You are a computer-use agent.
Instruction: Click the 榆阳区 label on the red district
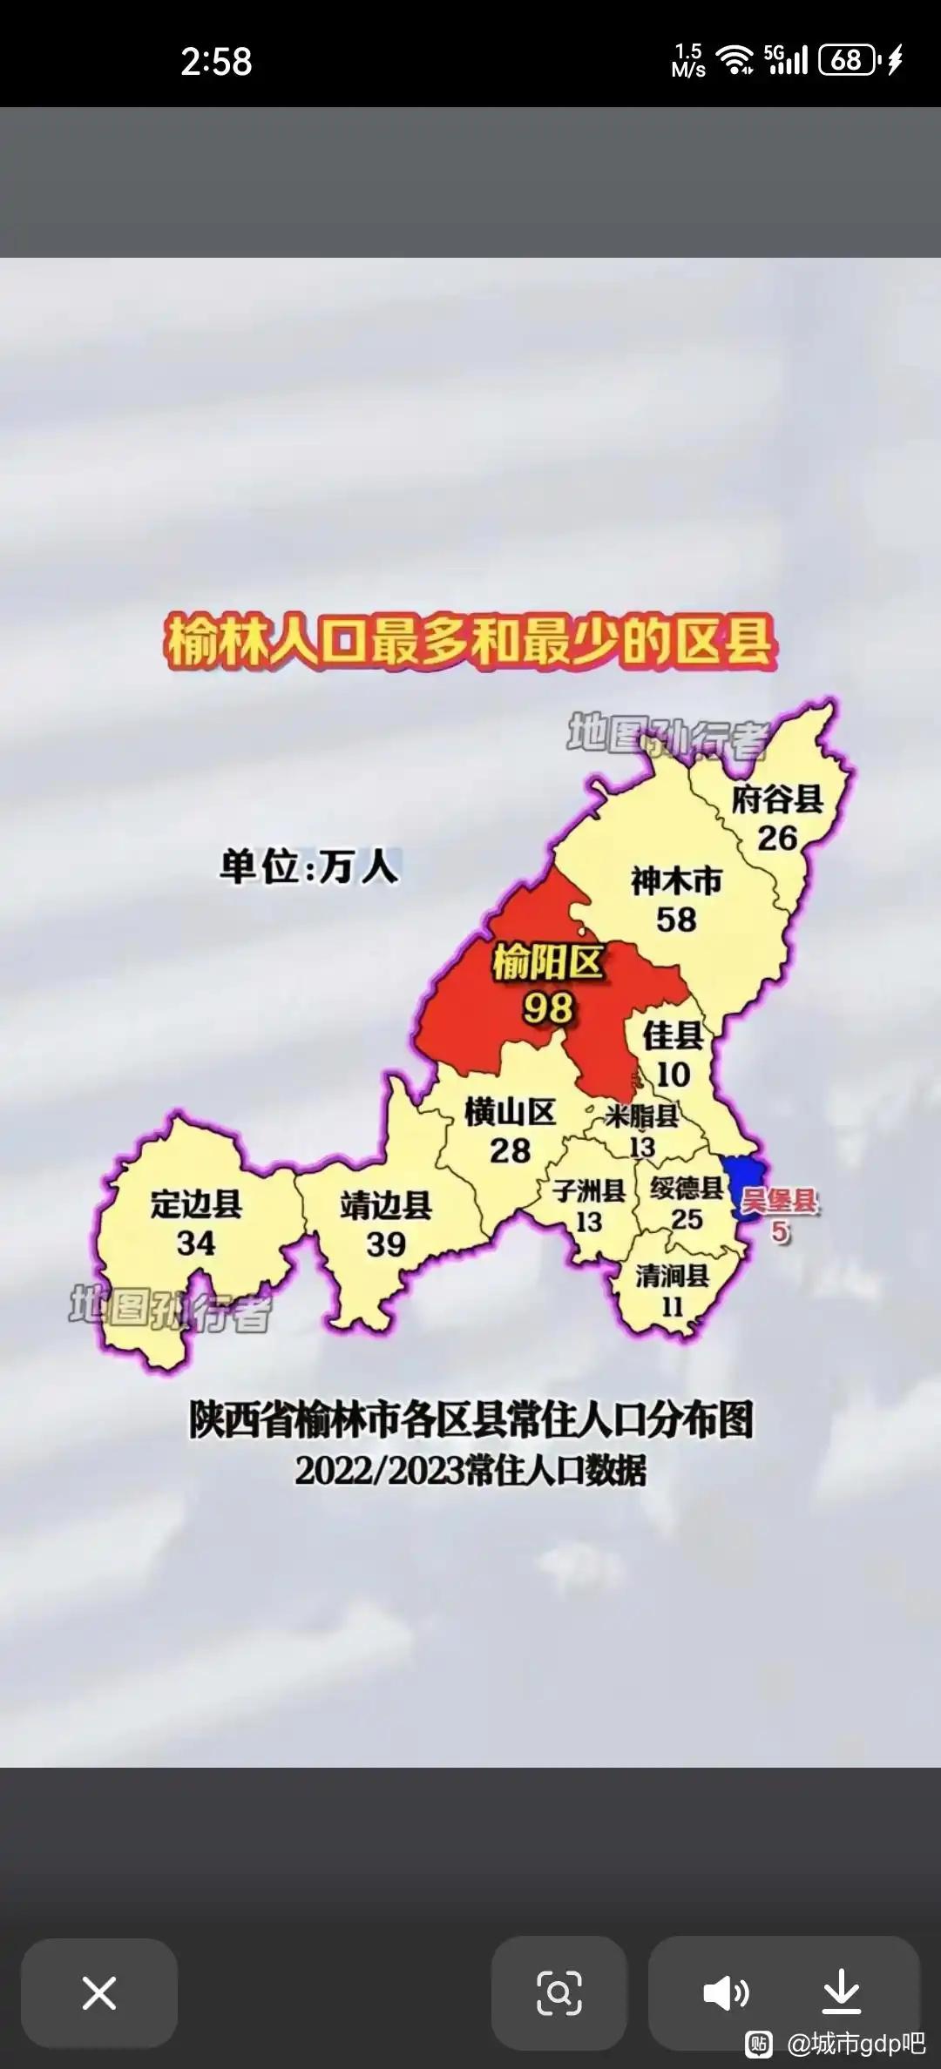point(548,962)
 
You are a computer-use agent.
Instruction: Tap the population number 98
point(548,1008)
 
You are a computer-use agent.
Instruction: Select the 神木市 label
point(676,881)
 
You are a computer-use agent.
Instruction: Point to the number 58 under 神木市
point(676,920)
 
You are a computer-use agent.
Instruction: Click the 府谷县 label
point(777,799)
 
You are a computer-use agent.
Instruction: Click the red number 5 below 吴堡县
point(780,1232)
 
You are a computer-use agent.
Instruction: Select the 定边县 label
point(196,1204)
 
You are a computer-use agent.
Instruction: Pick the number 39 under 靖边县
point(386,1244)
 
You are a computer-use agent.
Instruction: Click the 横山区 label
point(510,1112)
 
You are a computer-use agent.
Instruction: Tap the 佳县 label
point(673,1036)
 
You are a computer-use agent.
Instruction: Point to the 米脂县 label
point(642,1116)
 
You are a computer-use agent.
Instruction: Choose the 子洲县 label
point(589,1190)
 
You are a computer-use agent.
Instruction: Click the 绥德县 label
point(687,1188)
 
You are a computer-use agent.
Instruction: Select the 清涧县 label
point(672,1276)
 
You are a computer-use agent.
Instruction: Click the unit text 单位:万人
point(309,867)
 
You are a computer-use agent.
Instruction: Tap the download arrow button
point(841,1992)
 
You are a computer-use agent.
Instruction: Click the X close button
point(98,1992)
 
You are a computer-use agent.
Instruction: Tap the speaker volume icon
point(726,1992)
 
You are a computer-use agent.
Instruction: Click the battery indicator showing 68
point(847,60)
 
